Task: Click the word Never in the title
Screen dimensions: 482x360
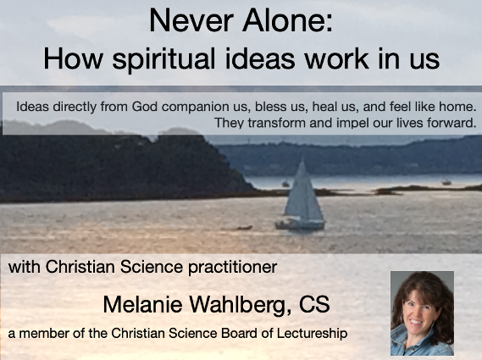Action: click(191, 21)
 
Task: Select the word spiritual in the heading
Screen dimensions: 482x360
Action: click(163, 59)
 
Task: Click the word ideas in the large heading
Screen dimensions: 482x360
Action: click(260, 58)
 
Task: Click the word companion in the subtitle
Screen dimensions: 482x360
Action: click(195, 108)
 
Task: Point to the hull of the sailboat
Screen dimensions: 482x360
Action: click(300, 224)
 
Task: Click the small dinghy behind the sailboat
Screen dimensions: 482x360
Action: click(243, 228)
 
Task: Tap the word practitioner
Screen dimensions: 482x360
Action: click(232, 268)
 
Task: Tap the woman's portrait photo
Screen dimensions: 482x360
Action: click(422, 313)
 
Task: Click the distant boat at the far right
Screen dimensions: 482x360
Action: click(446, 182)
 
